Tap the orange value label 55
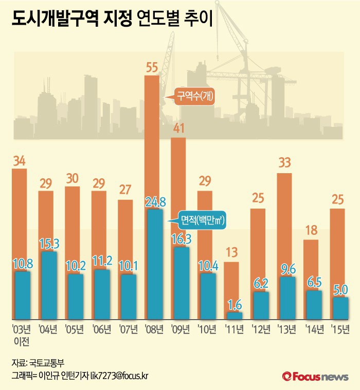[152, 67]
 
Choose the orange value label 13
[231, 253]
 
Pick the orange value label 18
[311, 231]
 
